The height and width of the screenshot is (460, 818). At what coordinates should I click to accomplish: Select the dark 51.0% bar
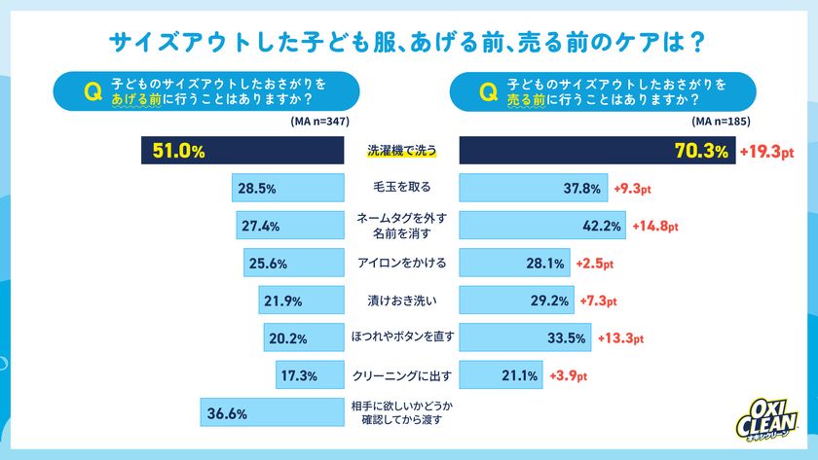tap(243, 151)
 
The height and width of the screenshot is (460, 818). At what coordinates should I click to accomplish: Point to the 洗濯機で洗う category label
tap(402, 151)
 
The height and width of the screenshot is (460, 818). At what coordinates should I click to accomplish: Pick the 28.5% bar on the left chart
tap(288, 188)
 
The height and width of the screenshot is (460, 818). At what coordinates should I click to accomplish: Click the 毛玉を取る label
tap(402, 188)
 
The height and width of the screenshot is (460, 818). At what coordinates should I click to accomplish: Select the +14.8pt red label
tap(657, 227)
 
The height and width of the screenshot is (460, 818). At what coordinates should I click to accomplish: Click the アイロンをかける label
tap(402, 263)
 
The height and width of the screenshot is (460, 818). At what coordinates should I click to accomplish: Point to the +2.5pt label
tap(595, 264)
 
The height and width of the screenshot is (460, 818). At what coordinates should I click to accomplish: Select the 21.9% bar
tap(302, 301)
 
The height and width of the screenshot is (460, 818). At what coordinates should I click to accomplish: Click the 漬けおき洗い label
tap(402, 301)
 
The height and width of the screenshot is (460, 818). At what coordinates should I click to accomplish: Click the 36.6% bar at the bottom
tap(272, 412)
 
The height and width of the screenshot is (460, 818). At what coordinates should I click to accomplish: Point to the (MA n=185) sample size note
tap(722, 121)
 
